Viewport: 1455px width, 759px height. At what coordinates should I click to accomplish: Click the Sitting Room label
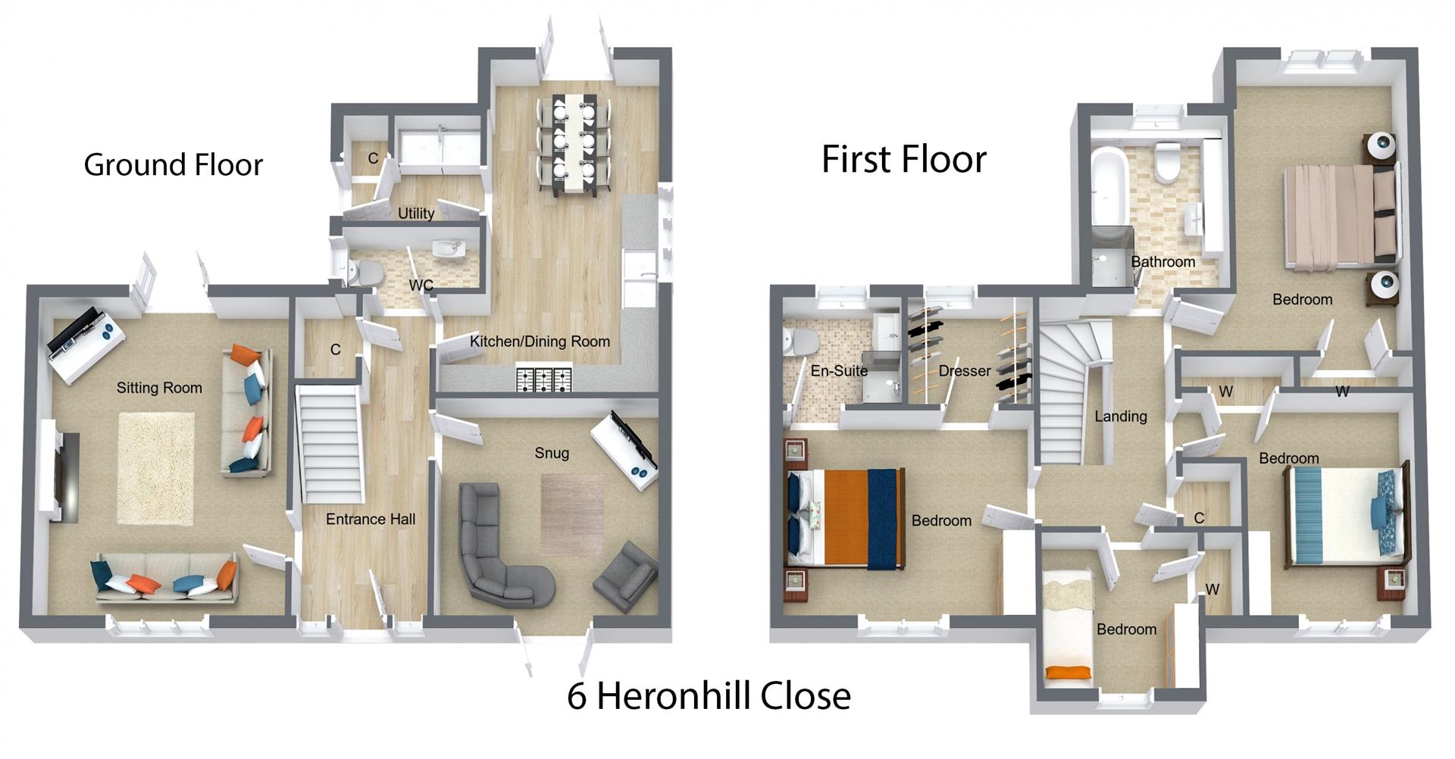pos(159,388)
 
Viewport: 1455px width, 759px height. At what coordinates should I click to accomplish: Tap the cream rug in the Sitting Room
pos(156,468)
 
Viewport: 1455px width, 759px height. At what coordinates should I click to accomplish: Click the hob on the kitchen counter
pos(544,379)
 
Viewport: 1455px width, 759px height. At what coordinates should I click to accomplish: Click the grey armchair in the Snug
pos(624,576)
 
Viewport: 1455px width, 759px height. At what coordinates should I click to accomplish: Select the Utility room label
pos(416,214)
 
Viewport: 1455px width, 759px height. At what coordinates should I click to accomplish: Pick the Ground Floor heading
pos(173,165)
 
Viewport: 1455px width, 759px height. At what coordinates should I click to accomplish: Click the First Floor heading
pos(904,160)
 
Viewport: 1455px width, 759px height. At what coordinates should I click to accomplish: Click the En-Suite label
pos(839,371)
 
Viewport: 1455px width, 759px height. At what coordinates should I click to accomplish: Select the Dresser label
pos(964,371)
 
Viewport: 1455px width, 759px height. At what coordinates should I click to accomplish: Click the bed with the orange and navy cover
pos(849,518)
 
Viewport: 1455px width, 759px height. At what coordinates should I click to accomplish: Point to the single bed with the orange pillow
pos(1069,629)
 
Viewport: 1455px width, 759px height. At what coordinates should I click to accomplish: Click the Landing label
pos(1120,417)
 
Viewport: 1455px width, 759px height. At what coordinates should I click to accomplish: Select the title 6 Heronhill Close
pos(709,695)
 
